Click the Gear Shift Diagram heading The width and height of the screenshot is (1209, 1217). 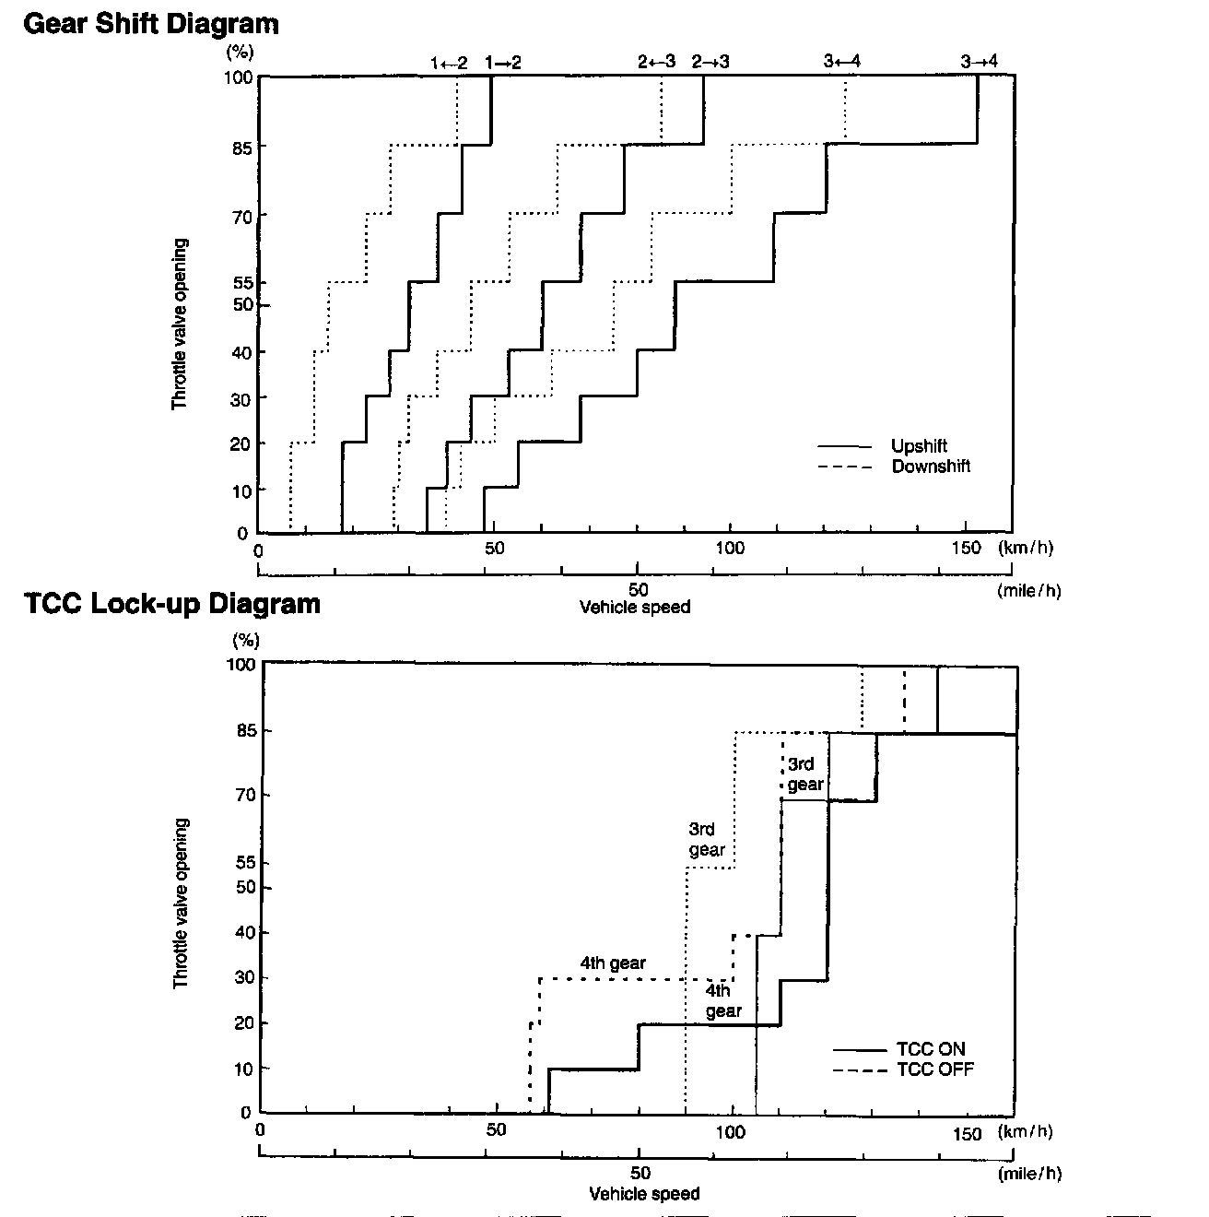click(151, 25)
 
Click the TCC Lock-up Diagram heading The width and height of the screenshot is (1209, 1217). click(172, 603)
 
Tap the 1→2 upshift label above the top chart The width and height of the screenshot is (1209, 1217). click(503, 63)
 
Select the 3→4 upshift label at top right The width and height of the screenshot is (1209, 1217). click(980, 61)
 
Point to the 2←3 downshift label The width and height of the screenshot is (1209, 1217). click(657, 61)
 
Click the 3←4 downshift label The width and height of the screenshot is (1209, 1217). click(842, 61)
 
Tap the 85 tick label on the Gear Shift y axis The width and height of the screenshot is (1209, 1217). click(241, 148)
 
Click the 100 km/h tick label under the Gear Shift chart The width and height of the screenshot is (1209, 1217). click(730, 549)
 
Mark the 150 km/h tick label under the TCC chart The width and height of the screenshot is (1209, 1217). click(968, 1134)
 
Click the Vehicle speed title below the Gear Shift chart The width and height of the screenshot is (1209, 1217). click(635, 607)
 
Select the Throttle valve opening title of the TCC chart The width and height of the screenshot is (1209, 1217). click(182, 904)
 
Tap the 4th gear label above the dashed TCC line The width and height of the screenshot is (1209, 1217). click(613, 963)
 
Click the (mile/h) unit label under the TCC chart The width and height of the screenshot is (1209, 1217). click(1029, 1174)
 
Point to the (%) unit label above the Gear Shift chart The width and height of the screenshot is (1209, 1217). click(240, 52)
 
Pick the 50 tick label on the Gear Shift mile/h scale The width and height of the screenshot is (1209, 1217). click(639, 590)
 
